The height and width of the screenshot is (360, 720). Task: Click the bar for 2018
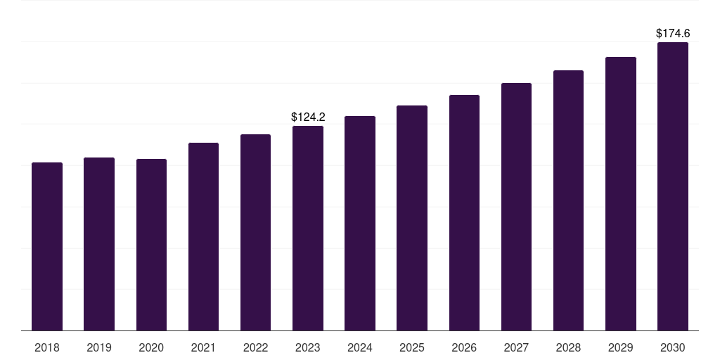point(47,246)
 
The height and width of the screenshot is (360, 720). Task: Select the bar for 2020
point(151,245)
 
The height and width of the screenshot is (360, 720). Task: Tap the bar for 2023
point(308,229)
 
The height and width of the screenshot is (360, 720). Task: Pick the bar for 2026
point(464,212)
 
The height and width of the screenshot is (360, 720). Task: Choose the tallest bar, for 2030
point(673,186)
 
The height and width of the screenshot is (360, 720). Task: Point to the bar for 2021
point(203,236)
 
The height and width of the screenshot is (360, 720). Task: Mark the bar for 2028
point(568,200)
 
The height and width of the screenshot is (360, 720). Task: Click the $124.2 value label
point(308,117)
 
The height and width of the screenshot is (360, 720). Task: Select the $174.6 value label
point(673,33)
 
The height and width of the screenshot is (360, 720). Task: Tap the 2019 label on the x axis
point(99,347)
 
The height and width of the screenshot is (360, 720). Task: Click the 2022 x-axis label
point(255,347)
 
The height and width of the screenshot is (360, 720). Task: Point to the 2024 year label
point(360,347)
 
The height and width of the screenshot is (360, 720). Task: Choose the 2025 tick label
point(412,347)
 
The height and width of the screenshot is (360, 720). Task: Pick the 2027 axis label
point(516,347)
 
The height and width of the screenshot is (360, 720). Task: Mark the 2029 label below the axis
point(621,347)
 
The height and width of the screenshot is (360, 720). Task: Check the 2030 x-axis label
point(673,347)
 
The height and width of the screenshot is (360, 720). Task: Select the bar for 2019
point(99,244)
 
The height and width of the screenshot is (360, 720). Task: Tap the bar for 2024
point(360,223)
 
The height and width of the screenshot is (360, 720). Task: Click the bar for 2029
point(621,193)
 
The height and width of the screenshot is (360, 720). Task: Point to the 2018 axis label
point(47,347)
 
